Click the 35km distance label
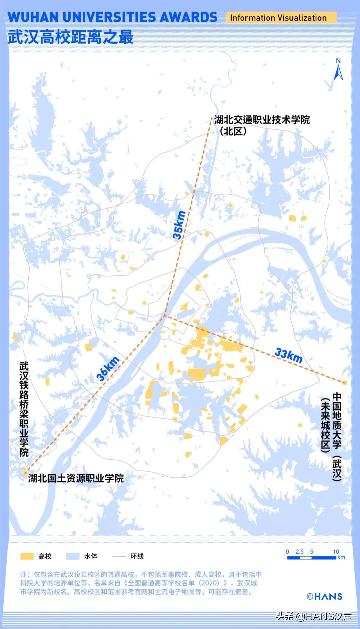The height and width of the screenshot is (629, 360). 179,225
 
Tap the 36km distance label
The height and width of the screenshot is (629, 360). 108,369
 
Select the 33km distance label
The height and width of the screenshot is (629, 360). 289,355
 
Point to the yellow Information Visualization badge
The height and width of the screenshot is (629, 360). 278,18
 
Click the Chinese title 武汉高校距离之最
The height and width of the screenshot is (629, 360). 71,37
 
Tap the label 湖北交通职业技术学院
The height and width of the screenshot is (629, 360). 262,120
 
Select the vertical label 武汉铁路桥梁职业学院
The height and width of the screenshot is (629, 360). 24,409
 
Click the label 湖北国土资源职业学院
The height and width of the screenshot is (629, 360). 76,478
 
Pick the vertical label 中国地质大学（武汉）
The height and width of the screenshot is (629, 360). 337,437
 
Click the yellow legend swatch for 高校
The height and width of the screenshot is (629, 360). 27,556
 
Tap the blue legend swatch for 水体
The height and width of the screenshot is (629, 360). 73,556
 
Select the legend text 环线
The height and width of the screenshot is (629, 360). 137,556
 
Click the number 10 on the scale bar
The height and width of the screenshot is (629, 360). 336,552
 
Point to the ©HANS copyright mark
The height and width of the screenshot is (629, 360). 324,596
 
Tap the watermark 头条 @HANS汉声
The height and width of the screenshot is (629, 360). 314,616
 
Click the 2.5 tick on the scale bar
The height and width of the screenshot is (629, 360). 299,552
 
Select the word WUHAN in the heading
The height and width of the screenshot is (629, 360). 33,17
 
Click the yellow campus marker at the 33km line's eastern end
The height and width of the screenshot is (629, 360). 344,383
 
